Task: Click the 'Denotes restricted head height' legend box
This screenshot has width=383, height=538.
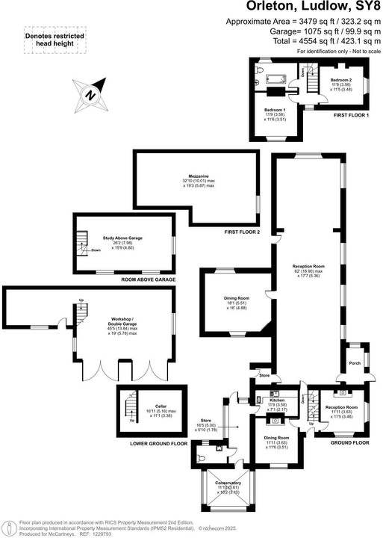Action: click(x=55, y=40)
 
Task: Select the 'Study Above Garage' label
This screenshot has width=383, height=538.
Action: click(x=122, y=238)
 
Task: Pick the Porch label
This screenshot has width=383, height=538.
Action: click(x=355, y=364)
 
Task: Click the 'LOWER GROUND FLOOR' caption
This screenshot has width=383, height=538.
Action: click(x=158, y=443)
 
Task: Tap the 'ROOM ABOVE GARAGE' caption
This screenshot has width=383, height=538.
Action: click(x=149, y=279)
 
